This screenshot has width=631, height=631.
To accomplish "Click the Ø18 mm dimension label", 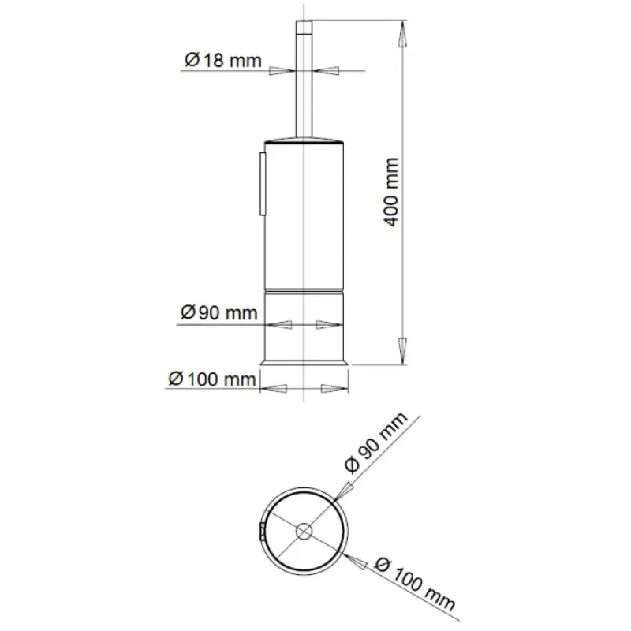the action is [223, 61].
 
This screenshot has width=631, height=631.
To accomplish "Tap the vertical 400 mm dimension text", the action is [391, 192].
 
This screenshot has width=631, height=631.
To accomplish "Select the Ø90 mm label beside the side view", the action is [219, 312].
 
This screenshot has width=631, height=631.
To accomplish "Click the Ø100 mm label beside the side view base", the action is [212, 379].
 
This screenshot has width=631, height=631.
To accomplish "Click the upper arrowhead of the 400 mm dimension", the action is [401, 35].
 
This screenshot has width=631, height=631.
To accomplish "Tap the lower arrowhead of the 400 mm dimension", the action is [401, 351].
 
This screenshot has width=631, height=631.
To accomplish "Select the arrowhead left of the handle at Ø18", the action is [282, 71].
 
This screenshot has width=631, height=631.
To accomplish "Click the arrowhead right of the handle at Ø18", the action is [326, 71].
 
